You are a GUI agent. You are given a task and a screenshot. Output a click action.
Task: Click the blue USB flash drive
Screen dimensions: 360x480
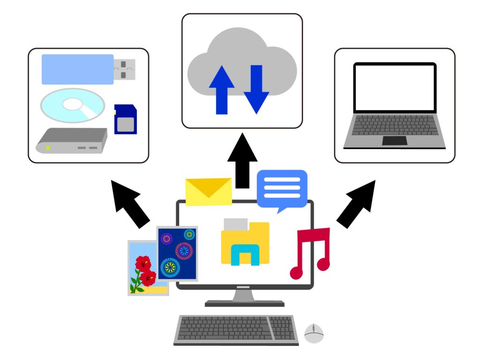coord(78,69)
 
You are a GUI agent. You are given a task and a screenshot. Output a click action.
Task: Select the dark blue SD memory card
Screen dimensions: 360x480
coord(126,120)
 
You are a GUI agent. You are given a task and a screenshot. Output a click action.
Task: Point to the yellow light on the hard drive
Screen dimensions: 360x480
coord(47,148)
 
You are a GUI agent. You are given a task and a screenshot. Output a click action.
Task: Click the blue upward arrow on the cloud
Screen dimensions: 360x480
coord(222,89)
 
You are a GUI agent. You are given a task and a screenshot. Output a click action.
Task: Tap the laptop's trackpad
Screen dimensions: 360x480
coord(395,141)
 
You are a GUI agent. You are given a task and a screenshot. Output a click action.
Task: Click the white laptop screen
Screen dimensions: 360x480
coord(395,87)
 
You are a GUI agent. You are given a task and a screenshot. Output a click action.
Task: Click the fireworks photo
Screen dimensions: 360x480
coord(177,253)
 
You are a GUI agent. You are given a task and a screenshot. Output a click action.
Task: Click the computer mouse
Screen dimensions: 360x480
coord(314,333)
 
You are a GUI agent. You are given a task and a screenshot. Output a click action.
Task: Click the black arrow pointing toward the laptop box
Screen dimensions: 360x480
coord(356,204)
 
